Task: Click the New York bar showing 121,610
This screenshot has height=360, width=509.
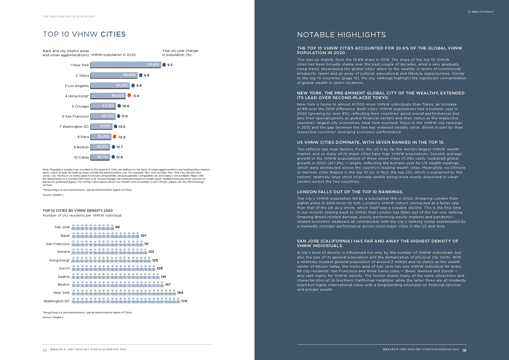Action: tap(126, 65)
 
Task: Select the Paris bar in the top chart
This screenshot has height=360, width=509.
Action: tap(101, 137)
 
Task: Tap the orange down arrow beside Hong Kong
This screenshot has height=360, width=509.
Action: tap(129, 95)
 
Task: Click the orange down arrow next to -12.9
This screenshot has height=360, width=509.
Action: tap(114, 137)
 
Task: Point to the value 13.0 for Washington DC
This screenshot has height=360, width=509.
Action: tap(122, 127)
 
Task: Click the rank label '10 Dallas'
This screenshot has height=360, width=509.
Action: tap(81, 157)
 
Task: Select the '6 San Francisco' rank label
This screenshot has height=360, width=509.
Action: tap(75, 116)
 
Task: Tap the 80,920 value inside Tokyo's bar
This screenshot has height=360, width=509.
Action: tap(129, 75)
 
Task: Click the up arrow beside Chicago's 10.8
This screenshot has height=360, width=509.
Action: tap(119, 106)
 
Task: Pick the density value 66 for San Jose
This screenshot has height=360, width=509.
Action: tap(118, 227)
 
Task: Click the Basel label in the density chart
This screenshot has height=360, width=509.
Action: tap(65, 236)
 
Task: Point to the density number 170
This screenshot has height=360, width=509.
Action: tap(184, 301)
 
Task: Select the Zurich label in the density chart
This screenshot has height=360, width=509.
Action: tap(64, 268)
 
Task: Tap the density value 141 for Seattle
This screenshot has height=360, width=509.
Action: tap(163, 277)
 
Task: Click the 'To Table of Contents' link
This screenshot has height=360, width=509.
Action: tap(481, 12)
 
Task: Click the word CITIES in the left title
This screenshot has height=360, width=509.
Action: tap(113, 34)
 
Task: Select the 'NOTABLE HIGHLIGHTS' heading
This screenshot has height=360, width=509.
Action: tap(341, 35)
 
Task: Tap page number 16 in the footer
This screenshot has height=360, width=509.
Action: tap(464, 350)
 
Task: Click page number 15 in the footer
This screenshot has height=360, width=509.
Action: tap(45, 350)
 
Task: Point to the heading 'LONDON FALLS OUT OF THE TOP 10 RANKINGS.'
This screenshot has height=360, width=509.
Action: tap(350, 192)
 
